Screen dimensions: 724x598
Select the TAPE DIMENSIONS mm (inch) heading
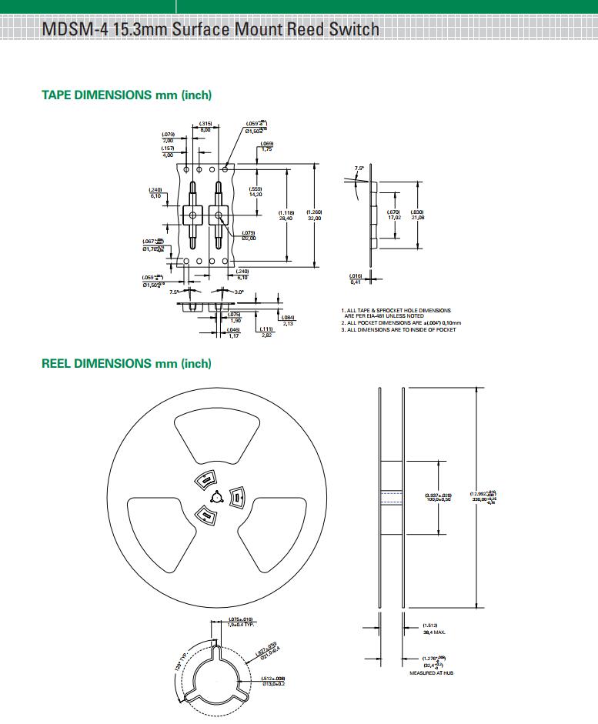pos(126,95)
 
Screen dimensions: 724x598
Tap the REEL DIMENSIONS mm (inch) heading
pos(126,363)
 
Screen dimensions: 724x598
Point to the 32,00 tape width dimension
pos(314,219)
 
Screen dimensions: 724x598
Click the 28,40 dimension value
pos(286,219)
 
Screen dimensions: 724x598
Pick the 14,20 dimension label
pos(256,195)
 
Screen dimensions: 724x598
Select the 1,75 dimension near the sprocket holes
pos(267,149)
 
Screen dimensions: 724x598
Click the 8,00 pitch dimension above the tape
pos(205,129)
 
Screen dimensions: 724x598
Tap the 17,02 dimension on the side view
pos(393,218)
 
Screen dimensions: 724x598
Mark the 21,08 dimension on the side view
pos(418,218)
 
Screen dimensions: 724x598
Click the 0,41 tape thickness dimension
pos(356,282)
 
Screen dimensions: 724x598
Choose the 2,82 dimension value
pos(266,335)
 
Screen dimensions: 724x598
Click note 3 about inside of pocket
pos(399,330)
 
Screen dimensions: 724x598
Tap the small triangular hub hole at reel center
pos(216,496)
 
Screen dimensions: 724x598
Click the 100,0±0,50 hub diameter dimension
pos(439,499)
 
